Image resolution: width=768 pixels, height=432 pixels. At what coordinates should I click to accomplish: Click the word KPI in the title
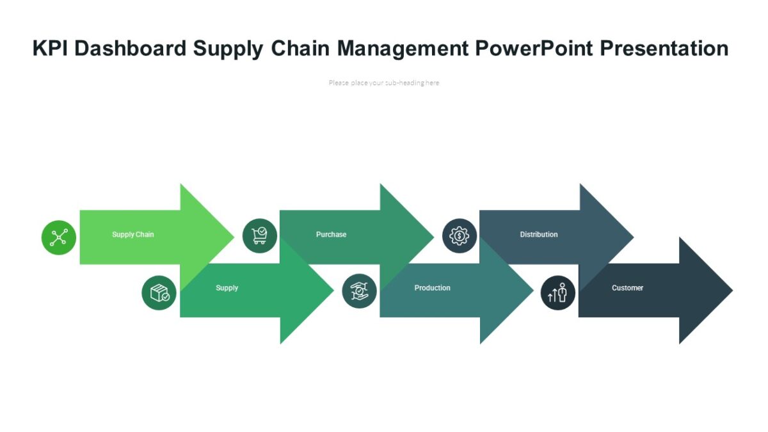click(x=51, y=49)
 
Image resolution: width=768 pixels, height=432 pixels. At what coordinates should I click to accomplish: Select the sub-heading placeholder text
click(x=384, y=83)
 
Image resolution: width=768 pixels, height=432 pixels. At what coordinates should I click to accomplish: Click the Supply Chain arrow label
click(x=133, y=235)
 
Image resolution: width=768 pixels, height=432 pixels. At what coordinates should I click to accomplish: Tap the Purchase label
click(x=331, y=235)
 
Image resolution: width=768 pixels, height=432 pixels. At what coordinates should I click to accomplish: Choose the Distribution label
click(x=539, y=235)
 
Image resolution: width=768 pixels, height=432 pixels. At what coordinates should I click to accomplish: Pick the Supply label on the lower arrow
click(x=227, y=288)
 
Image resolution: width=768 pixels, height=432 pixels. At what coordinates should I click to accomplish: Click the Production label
click(x=433, y=288)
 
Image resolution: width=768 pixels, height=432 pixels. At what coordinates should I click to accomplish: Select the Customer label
click(x=627, y=288)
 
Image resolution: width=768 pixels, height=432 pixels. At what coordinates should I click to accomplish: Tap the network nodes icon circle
click(x=59, y=237)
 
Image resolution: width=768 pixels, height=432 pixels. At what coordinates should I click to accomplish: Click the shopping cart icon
click(x=260, y=236)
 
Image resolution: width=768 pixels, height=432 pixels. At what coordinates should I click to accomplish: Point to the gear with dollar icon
click(x=460, y=236)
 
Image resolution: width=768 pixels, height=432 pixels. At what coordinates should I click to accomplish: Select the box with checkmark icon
click(x=159, y=293)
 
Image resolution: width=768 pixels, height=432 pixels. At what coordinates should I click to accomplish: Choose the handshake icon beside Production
click(x=359, y=291)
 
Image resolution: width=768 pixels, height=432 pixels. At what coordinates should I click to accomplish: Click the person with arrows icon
click(x=558, y=292)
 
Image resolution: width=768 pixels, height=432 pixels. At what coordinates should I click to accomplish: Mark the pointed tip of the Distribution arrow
click(x=632, y=237)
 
